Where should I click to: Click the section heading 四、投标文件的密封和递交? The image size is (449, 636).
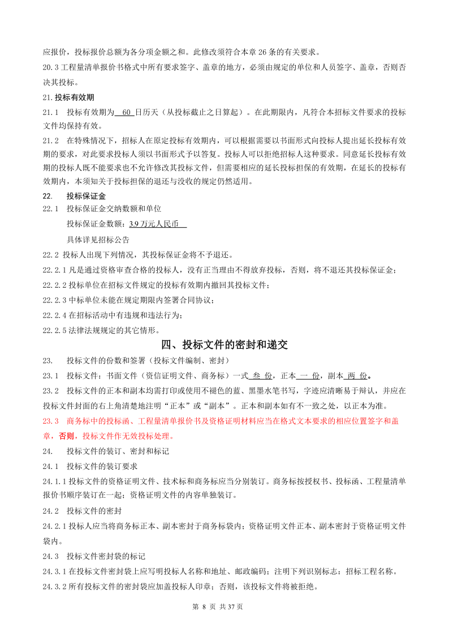(x=225, y=345)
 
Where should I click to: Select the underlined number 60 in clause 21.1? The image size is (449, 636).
(x=126, y=112)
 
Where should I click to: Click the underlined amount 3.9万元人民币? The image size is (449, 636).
(x=158, y=224)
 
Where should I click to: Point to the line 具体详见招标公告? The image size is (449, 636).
(x=98, y=239)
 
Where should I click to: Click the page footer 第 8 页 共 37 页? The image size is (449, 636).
(x=218, y=607)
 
